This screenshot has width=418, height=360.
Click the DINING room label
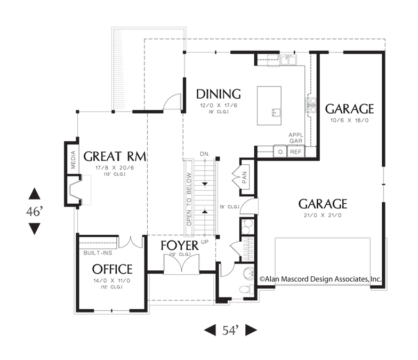pyautogui.click(x=219, y=94)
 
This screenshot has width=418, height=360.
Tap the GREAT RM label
pyautogui.click(x=115, y=156)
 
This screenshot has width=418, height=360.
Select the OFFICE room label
pyautogui.click(x=112, y=269)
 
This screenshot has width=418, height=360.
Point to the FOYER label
pyautogui.click(x=180, y=245)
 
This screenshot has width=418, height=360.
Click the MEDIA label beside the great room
pyautogui.click(x=74, y=160)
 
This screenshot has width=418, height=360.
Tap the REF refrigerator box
pyautogui.click(x=295, y=151)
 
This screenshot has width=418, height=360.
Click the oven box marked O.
pyautogui.click(x=280, y=151)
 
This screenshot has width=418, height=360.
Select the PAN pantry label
pyautogui.click(x=245, y=177)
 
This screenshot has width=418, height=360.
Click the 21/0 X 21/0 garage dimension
pyautogui.click(x=323, y=215)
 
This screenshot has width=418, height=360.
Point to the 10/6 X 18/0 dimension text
pyautogui.click(x=350, y=121)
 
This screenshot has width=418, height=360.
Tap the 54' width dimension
pyautogui.click(x=230, y=331)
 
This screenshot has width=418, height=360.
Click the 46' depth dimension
pyautogui.click(x=34, y=211)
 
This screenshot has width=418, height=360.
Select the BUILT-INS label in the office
pyautogui.click(x=98, y=253)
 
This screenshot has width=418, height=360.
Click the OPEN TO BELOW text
pyautogui.click(x=189, y=199)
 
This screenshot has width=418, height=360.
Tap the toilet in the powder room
pyautogui.click(x=247, y=289)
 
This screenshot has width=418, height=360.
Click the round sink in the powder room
pyautogui.click(x=249, y=273)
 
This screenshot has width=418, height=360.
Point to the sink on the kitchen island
pyautogui.click(x=276, y=113)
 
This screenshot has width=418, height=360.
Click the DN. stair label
pyautogui.click(x=205, y=154)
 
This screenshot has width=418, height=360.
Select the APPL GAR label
pyautogui.click(x=296, y=138)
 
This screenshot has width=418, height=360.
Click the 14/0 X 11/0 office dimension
pyautogui.click(x=112, y=281)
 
